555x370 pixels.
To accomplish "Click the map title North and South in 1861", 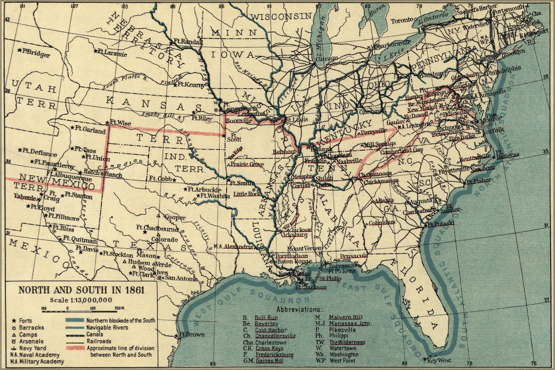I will (81, 290).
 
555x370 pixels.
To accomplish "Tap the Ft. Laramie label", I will (111, 53).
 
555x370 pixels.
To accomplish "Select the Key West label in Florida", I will (439, 360).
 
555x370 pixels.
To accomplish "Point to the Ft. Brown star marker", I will (177, 336).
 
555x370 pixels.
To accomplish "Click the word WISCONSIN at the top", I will (282, 16).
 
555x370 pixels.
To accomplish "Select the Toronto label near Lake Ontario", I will (402, 21).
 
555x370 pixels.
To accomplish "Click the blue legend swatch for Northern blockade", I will (75, 320).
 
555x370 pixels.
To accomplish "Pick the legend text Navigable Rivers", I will (107, 327).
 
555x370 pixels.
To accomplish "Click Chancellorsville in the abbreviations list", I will (275, 336).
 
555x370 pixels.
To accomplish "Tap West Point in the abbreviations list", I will (343, 361).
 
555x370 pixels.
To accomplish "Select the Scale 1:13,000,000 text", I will (81, 300).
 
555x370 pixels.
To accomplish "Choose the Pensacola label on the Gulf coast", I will (354, 256).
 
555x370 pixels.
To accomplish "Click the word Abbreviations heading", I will (299, 309).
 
